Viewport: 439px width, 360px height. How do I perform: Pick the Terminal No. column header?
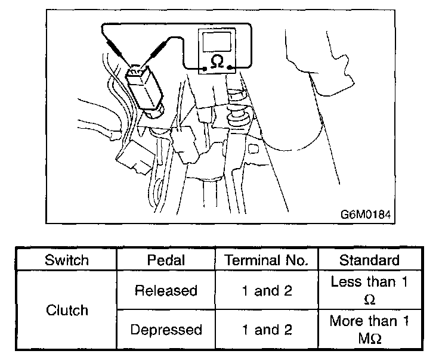click(x=267, y=260)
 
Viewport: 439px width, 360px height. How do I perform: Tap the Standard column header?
click(x=369, y=260)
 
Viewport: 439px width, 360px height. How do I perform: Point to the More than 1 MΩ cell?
click(x=369, y=330)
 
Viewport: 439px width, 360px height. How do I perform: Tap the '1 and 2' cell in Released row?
click(x=267, y=290)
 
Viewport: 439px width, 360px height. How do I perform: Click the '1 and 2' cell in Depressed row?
click(x=267, y=330)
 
